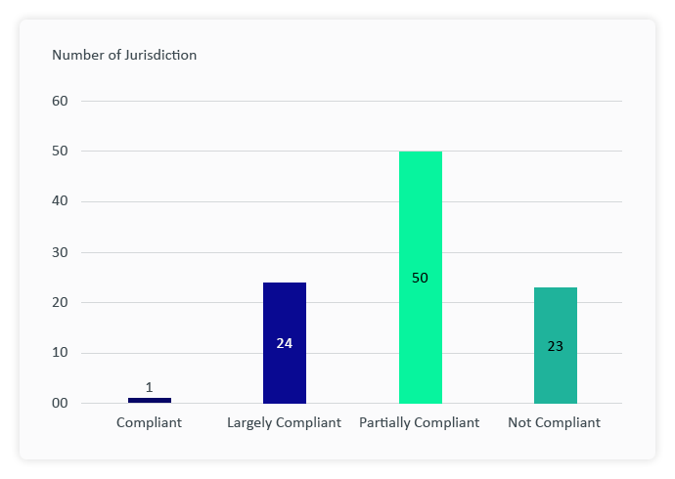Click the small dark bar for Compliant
coord(150,400)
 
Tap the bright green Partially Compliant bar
coord(420,225)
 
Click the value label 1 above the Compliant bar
coord(149,388)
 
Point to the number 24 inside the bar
coord(285,343)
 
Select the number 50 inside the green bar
coord(420,279)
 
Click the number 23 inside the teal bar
coord(555,346)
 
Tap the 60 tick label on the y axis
coord(60,101)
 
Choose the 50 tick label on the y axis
coord(60,152)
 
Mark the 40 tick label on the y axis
coord(60,201)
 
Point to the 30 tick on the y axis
coord(60,252)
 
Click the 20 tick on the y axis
coord(60,302)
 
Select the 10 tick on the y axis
coord(60,353)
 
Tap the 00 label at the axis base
coord(60,404)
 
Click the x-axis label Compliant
coord(149,423)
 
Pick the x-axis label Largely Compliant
coord(284,423)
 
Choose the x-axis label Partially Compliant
coord(419,423)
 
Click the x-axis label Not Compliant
coord(554,423)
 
